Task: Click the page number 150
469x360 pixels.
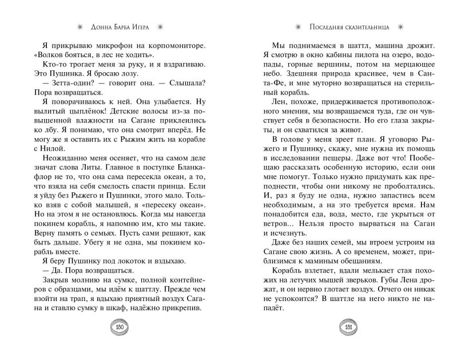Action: [x=120, y=328]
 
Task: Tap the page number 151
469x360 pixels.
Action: [x=348, y=328]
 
